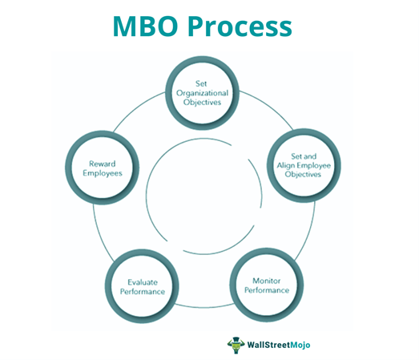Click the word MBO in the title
(x=145, y=26)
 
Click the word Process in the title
(x=240, y=26)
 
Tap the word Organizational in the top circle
(x=202, y=93)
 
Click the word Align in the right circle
(x=285, y=165)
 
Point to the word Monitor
(x=267, y=281)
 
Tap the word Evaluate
(x=143, y=282)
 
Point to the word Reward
(x=103, y=164)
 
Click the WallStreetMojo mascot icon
(x=236, y=345)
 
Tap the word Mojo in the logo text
(x=300, y=345)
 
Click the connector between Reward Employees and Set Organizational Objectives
(x=137, y=108)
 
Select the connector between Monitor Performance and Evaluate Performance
(x=204, y=306)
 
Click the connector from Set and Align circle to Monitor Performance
(x=308, y=233)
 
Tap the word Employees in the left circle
(x=103, y=173)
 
